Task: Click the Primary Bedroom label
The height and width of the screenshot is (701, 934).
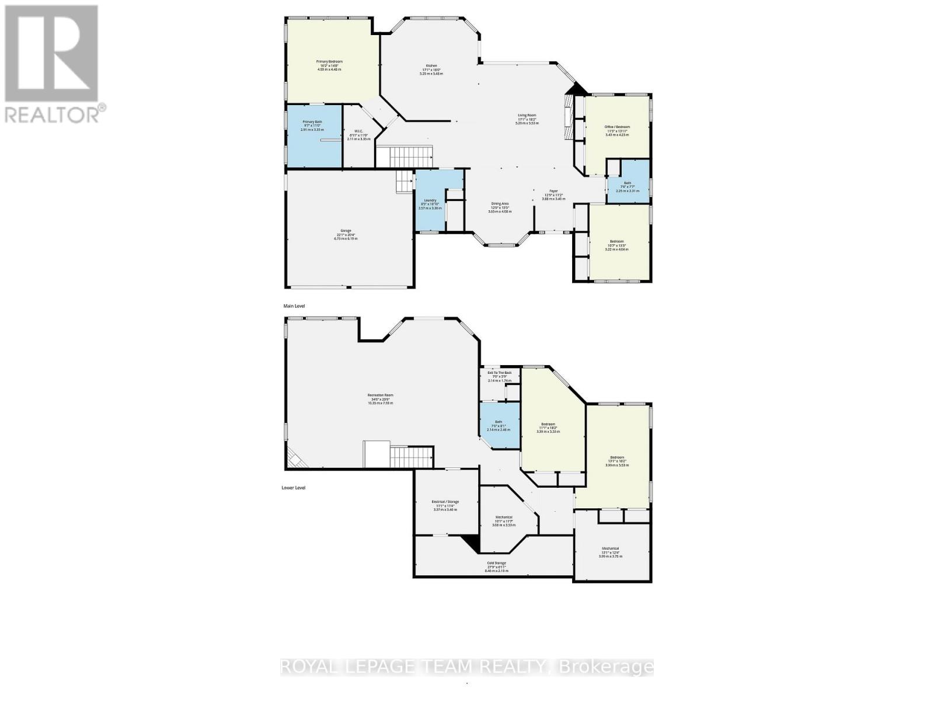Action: coord(329,62)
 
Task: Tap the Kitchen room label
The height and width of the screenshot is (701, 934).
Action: coord(431,66)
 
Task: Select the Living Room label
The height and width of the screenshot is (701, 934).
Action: coord(527,116)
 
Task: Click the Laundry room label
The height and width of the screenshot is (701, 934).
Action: coord(431,200)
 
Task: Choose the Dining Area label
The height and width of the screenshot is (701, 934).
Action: coord(500,204)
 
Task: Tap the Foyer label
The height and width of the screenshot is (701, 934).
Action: coord(553,192)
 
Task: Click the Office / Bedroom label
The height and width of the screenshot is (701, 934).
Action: coord(617,127)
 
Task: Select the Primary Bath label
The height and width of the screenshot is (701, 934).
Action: coord(312,122)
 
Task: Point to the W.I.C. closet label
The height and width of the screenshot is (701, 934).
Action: coord(358,131)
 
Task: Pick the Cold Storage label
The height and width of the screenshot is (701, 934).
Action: coord(497,563)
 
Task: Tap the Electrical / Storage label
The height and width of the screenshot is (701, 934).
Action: coord(445,502)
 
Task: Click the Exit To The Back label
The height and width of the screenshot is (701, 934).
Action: coord(500,373)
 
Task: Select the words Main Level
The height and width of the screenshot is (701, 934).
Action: coord(294,306)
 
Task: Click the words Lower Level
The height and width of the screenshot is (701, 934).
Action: coord(293,488)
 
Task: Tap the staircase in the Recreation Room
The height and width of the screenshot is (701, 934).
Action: coord(411,456)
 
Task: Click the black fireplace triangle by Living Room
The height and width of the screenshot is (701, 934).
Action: coord(577,89)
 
